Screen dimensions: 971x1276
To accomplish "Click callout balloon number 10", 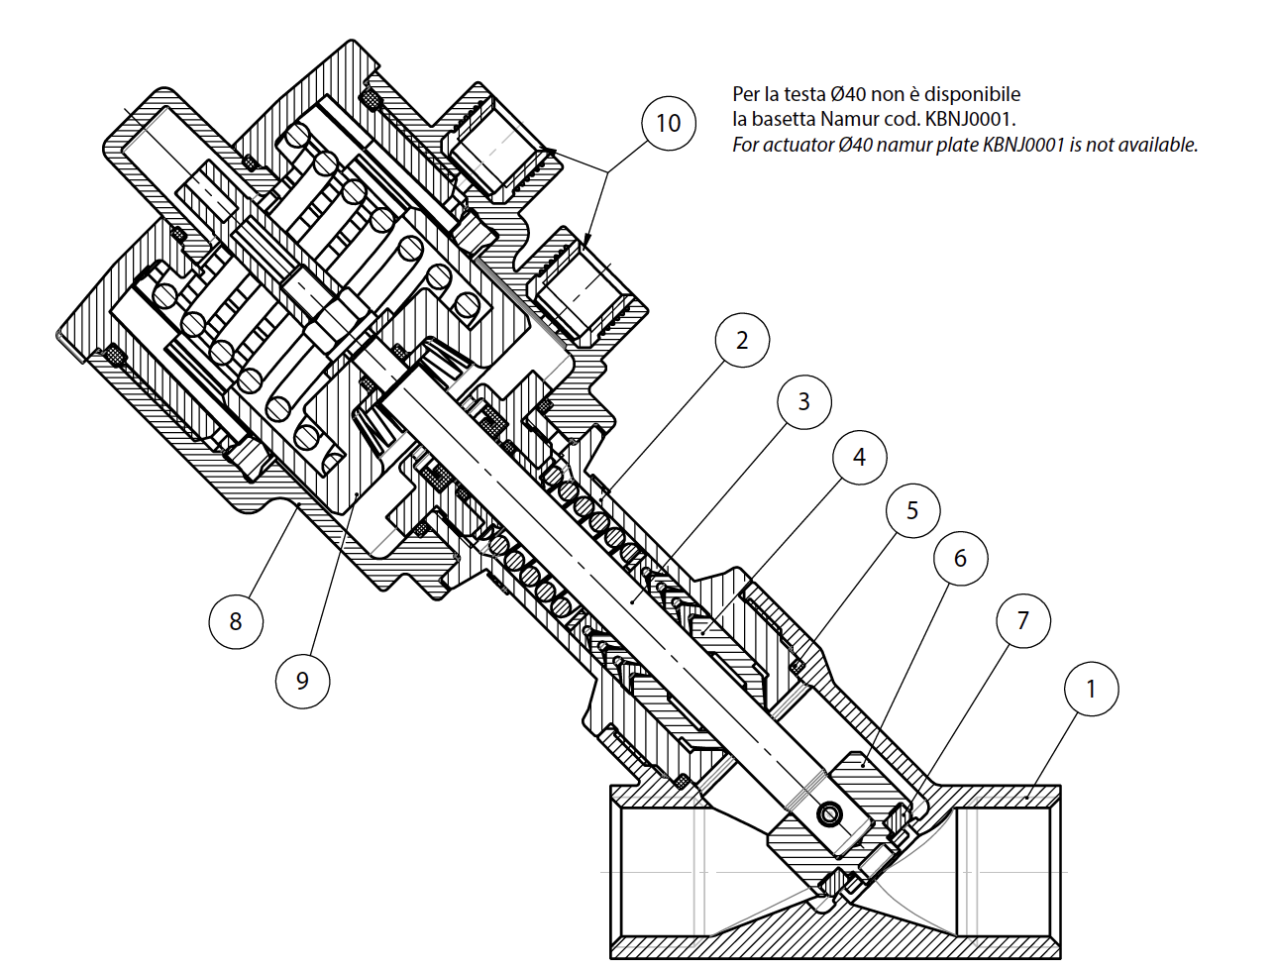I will coord(669,123).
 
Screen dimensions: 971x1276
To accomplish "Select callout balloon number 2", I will coord(742,341).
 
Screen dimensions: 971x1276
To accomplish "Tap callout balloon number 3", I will coord(803,401).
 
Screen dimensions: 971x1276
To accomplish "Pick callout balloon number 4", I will coord(859,457).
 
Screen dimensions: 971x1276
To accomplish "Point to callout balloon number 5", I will coord(912,510).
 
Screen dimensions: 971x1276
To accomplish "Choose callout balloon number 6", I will coord(960,559).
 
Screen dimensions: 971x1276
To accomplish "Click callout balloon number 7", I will coord(1023,620).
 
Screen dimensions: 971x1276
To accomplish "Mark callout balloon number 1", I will coord(1092,689).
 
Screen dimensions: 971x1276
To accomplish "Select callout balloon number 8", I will coord(236,621).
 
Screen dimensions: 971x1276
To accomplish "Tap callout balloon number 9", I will coord(302,680).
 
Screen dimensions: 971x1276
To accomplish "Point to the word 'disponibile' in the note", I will coord(973,94).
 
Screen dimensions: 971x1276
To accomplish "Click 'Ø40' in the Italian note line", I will coord(850,94).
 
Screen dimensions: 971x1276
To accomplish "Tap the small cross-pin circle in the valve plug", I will coord(827,814).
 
